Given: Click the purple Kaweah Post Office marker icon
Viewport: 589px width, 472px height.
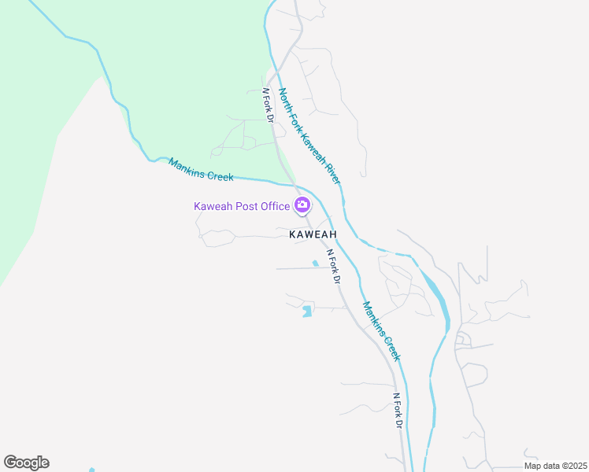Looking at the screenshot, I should (302, 206).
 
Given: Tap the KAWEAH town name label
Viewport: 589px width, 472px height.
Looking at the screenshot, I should (313, 234).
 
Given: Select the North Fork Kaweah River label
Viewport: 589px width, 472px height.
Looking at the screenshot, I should (310, 136).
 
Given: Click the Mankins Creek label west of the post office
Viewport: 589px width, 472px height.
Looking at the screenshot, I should (201, 170).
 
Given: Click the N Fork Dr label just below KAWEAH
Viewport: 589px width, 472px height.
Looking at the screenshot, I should (332, 267).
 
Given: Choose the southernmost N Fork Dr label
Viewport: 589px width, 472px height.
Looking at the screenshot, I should (398, 411).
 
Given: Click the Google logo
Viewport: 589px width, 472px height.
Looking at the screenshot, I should (26, 463).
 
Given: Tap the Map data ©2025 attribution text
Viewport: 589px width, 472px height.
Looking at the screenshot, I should (555, 466).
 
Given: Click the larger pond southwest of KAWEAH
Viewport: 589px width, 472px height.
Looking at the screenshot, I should (306, 312).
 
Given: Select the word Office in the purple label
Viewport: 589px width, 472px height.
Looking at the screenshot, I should (272, 206).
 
